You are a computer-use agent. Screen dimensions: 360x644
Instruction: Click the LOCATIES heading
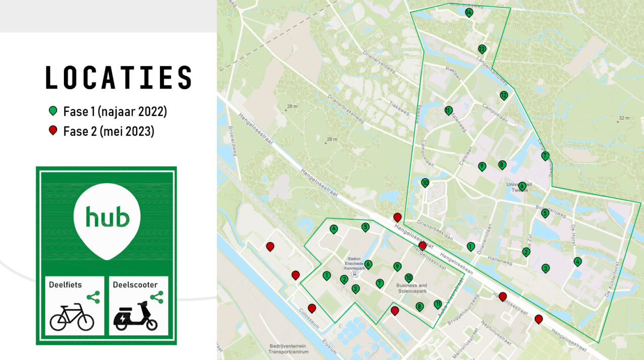[x=119, y=78]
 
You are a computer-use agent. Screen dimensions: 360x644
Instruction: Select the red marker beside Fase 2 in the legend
[x=53, y=131]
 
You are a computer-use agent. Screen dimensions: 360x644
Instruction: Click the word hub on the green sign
[x=107, y=217]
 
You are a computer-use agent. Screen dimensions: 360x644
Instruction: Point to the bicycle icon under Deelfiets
[x=72, y=316]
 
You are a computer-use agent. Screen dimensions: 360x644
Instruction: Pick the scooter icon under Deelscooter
[x=135, y=316]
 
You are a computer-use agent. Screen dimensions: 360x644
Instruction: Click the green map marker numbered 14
[x=469, y=12]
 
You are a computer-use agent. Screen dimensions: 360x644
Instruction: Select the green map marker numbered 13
[x=482, y=49]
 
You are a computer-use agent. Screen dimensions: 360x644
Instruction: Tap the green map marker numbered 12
[x=504, y=95]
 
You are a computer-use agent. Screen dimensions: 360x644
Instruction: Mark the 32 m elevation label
[x=624, y=118]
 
